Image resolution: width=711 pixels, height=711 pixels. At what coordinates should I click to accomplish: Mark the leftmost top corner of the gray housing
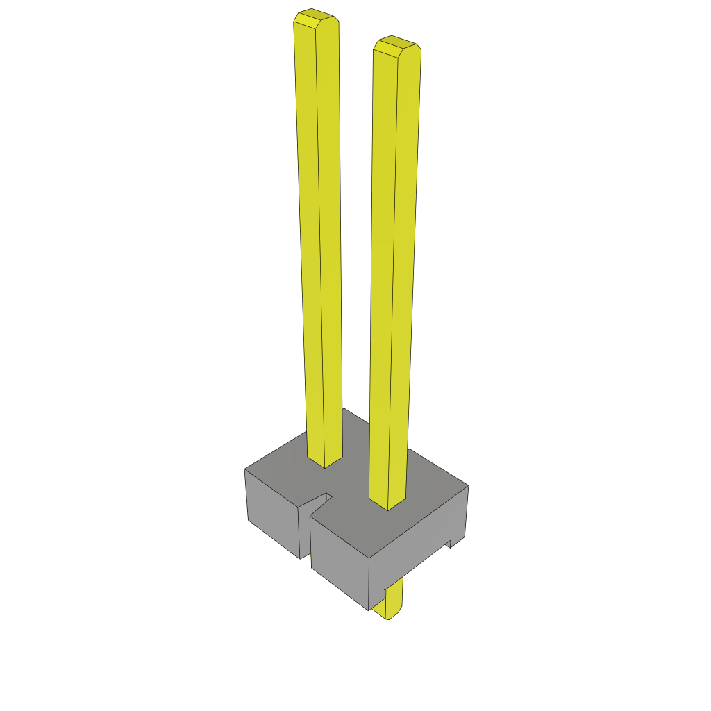coord(245,470)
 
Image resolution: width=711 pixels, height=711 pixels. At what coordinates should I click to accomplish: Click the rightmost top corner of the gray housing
coord(468,486)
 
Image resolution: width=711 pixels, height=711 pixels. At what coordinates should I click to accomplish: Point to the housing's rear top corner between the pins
coord(344,409)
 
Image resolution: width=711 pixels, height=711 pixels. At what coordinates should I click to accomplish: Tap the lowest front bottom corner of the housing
coord(367,610)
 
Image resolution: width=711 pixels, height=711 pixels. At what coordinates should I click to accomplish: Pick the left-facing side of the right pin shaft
coord(383,278)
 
